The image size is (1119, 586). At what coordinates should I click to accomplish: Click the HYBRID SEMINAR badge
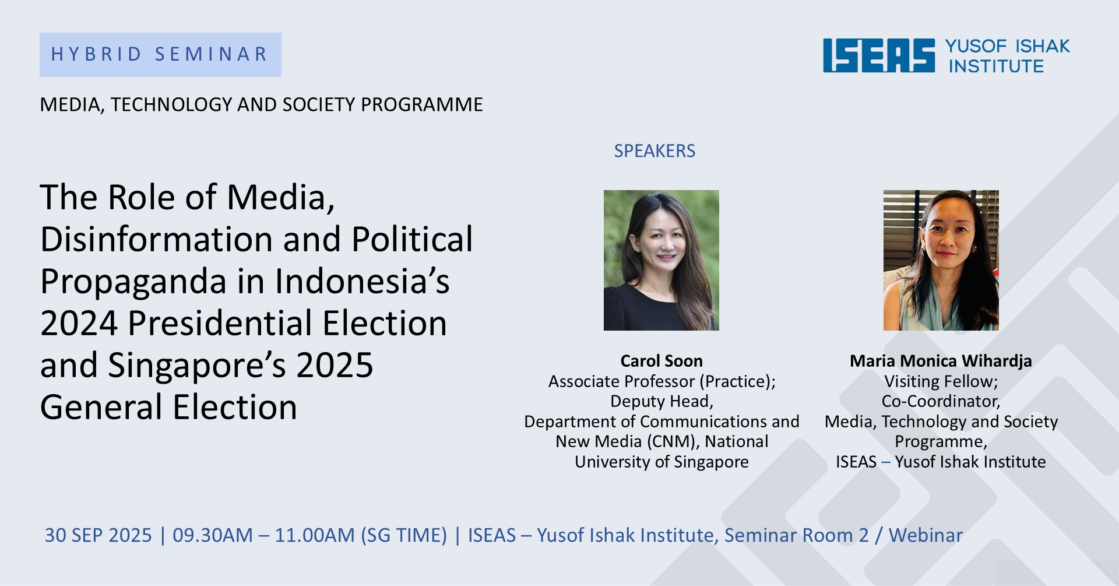click(160, 55)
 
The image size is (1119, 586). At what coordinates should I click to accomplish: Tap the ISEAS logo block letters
click(878, 56)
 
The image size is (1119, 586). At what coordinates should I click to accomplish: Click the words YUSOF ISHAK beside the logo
click(1007, 46)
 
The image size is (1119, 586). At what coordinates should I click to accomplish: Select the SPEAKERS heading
click(654, 151)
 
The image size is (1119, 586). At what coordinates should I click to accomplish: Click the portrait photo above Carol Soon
click(661, 260)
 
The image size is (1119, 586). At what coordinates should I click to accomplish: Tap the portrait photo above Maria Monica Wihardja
click(941, 260)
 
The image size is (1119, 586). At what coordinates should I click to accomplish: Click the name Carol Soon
click(661, 361)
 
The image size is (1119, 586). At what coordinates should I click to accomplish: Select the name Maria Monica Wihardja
click(941, 362)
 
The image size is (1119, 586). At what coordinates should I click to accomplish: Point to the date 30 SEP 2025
click(98, 535)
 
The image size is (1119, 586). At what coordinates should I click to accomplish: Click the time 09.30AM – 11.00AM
click(263, 535)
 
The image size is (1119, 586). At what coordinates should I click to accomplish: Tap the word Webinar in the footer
click(926, 535)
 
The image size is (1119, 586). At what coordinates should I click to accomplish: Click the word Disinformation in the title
click(157, 239)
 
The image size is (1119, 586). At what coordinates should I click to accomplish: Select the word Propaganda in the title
click(133, 282)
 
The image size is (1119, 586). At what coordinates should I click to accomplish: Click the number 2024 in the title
click(79, 324)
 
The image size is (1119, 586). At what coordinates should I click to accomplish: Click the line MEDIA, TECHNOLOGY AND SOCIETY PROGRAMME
click(262, 105)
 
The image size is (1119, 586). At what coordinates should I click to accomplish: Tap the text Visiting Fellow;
click(941, 381)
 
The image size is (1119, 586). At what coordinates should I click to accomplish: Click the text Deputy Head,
click(661, 402)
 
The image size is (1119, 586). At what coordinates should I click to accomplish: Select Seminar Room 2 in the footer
click(796, 535)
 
